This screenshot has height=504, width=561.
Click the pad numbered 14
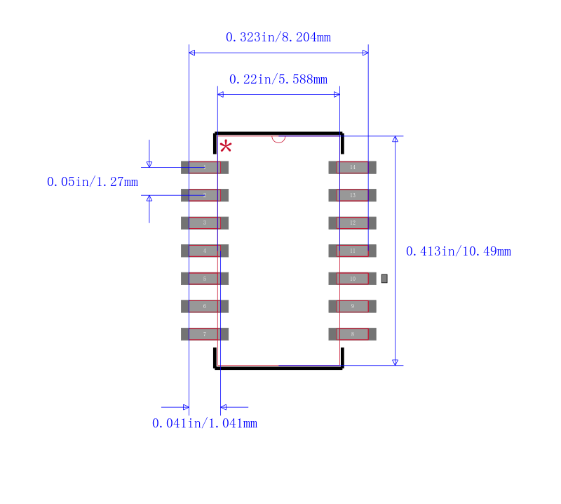click(x=353, y=167)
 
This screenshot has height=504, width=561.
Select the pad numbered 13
click(x=353, y=195)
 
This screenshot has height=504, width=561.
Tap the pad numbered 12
click(x=353, y=223)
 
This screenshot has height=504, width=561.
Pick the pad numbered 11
click(x=353, y=251)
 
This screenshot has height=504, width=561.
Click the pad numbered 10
click(x=353, y=279)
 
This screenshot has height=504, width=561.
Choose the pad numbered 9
click(x=353, y=306)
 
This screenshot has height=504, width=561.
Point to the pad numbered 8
click(x=353, y=334)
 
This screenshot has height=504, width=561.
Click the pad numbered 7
click(x=205, y=334)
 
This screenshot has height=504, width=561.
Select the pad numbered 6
click(x=205, y=306)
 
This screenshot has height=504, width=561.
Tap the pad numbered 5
click(x=205, y=279)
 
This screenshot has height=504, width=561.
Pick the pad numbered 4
click(x=205, y=251)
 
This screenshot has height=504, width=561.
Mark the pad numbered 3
click(x=205, y=223)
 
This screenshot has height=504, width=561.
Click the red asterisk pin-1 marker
click(x=226, y=147)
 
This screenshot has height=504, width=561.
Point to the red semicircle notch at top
click(x=278, y=138)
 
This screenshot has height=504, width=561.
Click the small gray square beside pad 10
click(x=384, y=279)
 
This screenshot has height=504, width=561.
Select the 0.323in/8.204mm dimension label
click(x=278, y=37)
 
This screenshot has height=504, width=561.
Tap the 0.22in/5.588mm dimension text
click(x=278, y=79)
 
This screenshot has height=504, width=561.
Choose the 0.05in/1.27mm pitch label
click(x=93, y=182)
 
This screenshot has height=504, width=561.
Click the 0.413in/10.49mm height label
click(x=459, y=251)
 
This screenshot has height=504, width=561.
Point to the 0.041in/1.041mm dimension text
click(x=205, y=423)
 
